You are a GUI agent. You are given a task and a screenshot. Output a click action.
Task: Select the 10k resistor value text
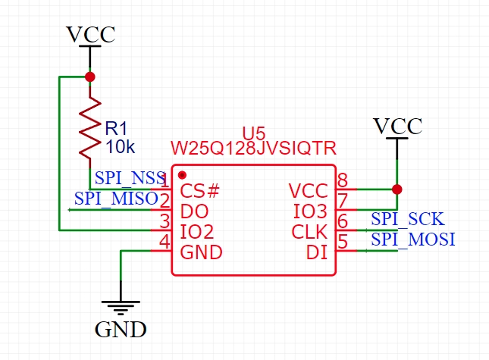(x=120, y=146)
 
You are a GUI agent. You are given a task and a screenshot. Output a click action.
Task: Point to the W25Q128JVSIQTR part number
(x=253, y=148)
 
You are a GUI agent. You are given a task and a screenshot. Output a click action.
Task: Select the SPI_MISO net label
(x=116, y=199)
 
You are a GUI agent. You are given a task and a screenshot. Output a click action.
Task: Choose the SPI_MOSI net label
(x=412, y=239)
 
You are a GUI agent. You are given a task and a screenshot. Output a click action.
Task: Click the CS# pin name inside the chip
(x=200, y=189)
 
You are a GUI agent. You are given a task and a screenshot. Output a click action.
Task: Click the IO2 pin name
(x=196, y=231)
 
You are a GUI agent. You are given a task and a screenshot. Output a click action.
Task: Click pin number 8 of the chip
(x=343, y=180)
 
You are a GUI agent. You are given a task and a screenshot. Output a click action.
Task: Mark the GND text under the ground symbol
(x=121, y=330)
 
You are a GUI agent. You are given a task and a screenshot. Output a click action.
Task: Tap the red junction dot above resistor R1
(x=90, y=77)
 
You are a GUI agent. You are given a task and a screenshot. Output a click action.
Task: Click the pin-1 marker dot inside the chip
(x=182, y=175)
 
